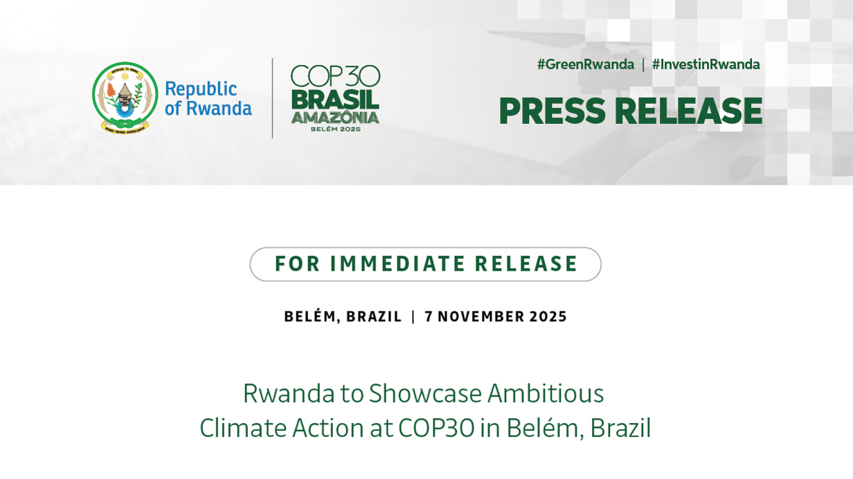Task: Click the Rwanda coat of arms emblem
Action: pos(125,98)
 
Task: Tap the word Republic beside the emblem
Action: pos(201,89)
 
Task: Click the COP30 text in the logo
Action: pos(335,75)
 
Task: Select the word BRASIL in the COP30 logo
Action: pos(335,100)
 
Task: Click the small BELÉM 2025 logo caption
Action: pos(336,129)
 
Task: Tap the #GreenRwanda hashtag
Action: pos(586,64)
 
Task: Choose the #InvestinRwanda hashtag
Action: pos(706,64)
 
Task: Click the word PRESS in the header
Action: pos(553,111)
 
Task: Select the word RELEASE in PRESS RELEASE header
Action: pos(688,111)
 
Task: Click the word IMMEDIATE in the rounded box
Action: pos(397,264)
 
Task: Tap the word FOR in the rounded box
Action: pos(297,264)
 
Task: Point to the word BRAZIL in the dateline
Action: pos(374,317)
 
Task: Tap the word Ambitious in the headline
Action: pos(546,393)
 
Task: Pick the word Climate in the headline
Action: pos(243,428)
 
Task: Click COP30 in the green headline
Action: pos(436,428)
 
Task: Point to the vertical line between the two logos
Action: pos(272,98)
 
